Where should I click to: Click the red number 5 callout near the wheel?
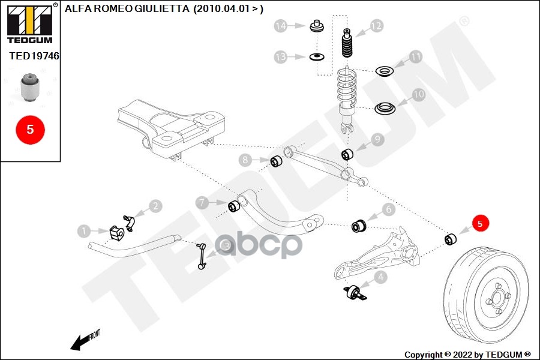click(x=480, y=224)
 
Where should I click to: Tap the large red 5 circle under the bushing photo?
click(x=31, y=129)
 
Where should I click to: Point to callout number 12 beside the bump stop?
click(x=376, y=26)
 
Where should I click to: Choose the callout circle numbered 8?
click(x=245, y=160)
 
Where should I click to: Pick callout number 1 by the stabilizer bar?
click(x=85, y=230)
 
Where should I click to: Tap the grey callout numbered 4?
click(x=380, y=277)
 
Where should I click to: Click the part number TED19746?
click(x=34, y=56)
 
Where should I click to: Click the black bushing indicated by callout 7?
click(x=235, y=206)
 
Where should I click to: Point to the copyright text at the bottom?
click(x=468, y=355)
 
